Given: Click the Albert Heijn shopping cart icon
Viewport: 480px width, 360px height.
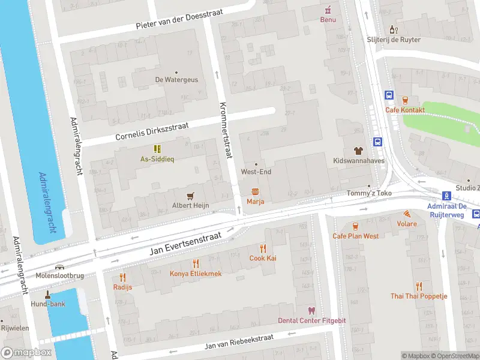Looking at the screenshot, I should [191, 195].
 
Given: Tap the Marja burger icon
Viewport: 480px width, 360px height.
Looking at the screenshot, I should [255, 191].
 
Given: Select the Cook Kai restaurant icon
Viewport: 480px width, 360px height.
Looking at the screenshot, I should [262, 248].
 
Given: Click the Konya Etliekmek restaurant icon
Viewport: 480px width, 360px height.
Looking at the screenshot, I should [196, 263].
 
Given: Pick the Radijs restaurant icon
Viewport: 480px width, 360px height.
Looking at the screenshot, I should [122, 277].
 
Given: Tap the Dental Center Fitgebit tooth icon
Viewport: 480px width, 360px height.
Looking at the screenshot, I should [311, 310].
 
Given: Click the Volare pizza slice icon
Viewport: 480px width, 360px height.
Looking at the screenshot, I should [407, 214].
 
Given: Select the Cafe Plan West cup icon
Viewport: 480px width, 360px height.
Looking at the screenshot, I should [355, 226].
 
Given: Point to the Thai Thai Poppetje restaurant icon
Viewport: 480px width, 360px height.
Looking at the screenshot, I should [419, 286].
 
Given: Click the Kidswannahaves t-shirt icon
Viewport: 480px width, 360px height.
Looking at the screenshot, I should [358, 151].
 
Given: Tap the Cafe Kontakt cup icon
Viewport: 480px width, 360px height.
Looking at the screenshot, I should [405, 100].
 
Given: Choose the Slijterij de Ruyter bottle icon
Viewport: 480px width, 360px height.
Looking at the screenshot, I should [394, 29].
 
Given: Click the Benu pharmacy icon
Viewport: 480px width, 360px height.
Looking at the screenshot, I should [328, 10].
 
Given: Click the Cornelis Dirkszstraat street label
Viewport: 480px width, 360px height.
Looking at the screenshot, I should [153, 131].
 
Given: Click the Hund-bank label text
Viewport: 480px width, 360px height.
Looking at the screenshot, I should [49, 304].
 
